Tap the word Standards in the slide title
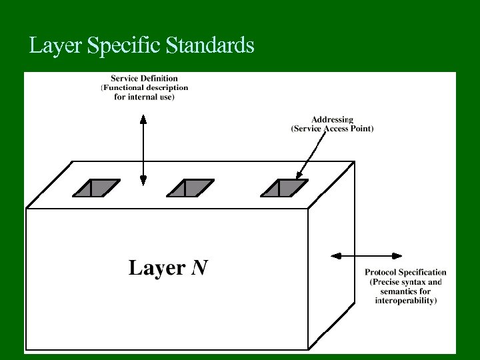click(210, 45)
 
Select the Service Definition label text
click(144, 78)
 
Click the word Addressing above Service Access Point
click(332, 120)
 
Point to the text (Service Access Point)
click(332, 129)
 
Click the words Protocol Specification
click(405, 272)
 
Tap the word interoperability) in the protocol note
click(405, 301)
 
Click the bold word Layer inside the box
click(157, 268)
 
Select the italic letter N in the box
click(199, 268)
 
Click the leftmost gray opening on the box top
click(97, 189)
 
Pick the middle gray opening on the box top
click(191, 189)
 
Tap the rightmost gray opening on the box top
click(285, 189)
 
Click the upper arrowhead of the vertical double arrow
click(143, 119)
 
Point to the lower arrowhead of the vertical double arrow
click(143, 181)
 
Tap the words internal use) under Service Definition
click(153, 97)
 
